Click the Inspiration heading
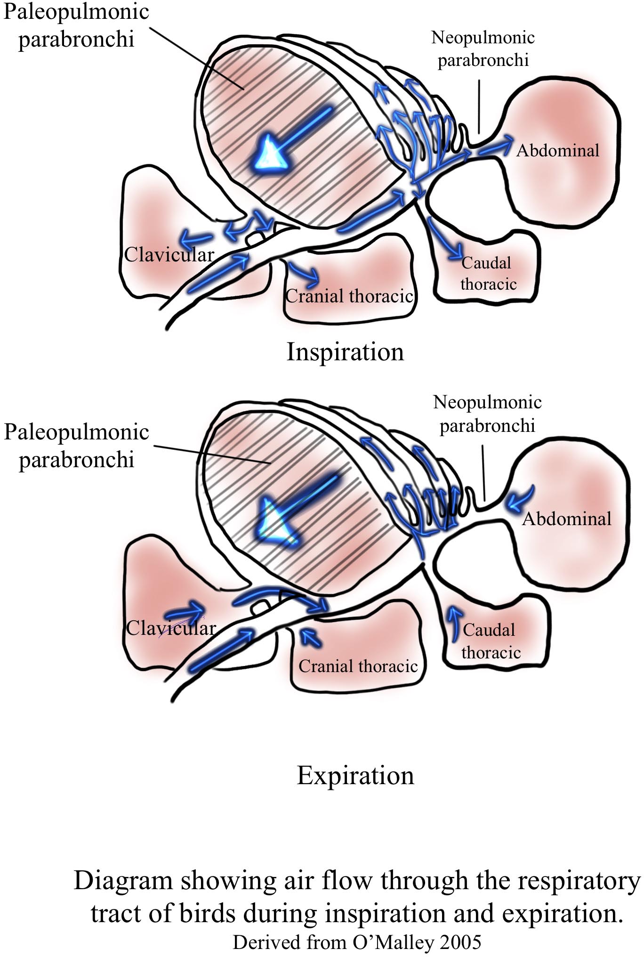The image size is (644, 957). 345,352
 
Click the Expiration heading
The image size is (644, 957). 355,776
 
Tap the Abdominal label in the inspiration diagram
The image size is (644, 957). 558,151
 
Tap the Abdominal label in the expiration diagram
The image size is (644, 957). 567,519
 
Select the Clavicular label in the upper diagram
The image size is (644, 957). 169,255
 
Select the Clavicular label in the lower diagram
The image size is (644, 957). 171,628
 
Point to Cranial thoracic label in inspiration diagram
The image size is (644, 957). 349,296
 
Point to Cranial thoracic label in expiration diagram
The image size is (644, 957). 358,666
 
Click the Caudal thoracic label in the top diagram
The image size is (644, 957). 488,274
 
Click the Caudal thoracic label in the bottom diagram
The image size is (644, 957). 490,641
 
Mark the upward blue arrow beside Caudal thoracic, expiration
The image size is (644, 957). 454,624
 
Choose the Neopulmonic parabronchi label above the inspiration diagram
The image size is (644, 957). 483,49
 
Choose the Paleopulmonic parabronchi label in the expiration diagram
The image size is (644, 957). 76,446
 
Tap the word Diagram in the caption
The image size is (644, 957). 123,881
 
